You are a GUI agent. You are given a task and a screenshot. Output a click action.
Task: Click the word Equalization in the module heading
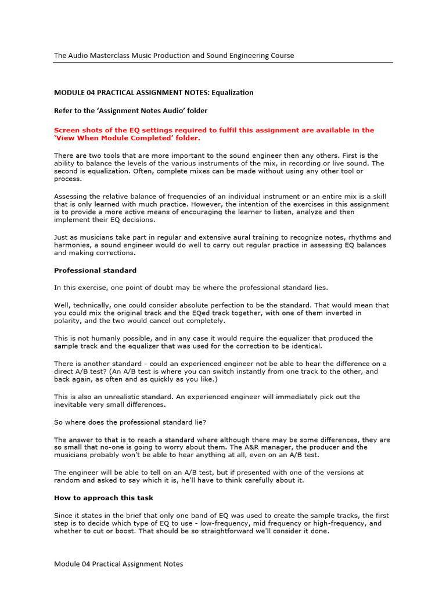pos(232,92)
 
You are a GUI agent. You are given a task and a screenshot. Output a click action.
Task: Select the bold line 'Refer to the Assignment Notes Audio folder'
pos(131,110)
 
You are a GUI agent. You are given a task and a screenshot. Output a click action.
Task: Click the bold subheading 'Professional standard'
pos(95,270)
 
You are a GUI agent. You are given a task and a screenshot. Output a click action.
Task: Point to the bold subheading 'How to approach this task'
pos(103,498)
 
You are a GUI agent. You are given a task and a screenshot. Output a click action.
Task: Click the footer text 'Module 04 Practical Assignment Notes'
pos(118,564)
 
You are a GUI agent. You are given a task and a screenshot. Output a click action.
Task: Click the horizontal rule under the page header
pos(224,63)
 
